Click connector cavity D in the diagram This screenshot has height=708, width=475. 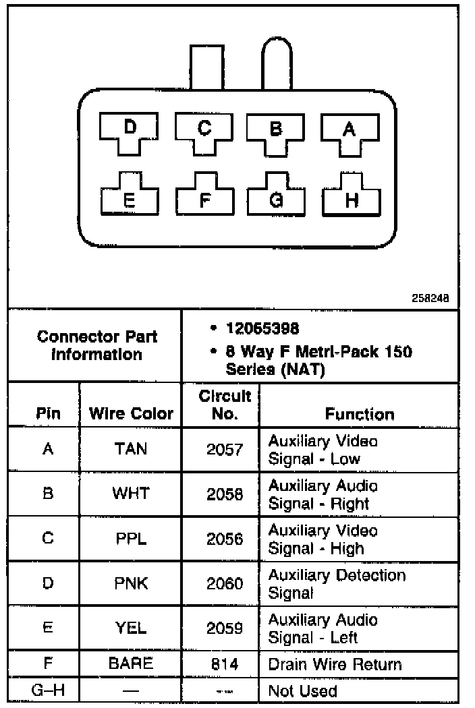tap(130, 129)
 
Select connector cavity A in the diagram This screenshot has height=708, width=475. tap(349, 130)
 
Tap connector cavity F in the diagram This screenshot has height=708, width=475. tap(204, 198)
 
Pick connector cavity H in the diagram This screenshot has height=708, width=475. tap(352, 198)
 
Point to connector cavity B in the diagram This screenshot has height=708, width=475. tap(275, 130)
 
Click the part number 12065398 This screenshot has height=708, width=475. tap(262, 328)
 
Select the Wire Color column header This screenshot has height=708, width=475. tap(131, 413)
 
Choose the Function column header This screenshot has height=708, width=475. tap(359, 413)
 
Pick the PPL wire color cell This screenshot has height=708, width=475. tap(131, 539)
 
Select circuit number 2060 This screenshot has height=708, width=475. tap(225, 584)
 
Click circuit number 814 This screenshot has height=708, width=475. tap(225, 664)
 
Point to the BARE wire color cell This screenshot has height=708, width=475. tap(131, 663)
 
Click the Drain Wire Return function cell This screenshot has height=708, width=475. tap(335, 664)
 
